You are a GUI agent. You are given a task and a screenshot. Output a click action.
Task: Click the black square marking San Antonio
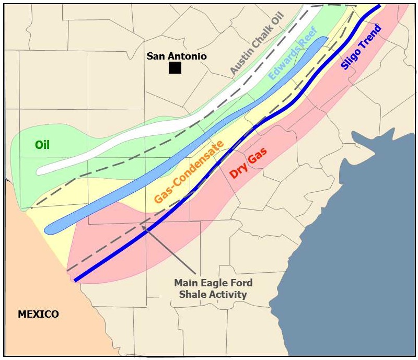click(x=175, y=67)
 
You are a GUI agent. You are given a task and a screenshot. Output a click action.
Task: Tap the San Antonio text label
click(x=177, y=56)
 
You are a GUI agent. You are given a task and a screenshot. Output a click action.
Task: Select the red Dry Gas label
click(x=249, y=163)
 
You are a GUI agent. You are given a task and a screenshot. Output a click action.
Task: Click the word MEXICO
click(x=38, y=314)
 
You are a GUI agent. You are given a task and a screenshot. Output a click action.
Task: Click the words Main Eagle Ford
click(x=213, y=283)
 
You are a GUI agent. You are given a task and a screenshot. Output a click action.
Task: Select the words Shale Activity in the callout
click(x=213, y=294)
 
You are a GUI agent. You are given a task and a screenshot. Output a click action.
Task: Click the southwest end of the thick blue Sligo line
click(x=76, y=281)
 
